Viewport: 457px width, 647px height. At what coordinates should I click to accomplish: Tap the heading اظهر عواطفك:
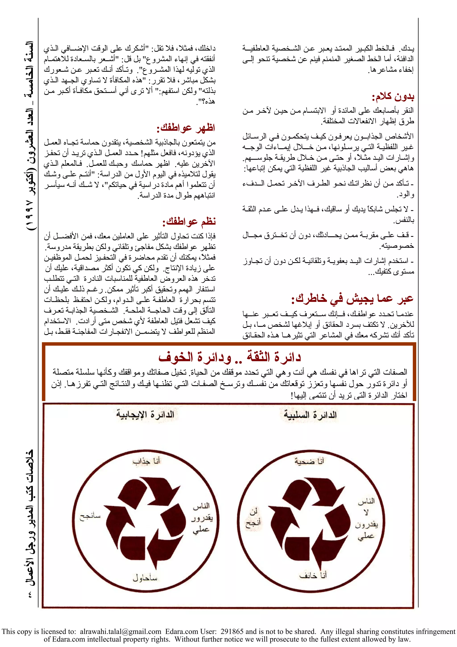(x=186, y=128)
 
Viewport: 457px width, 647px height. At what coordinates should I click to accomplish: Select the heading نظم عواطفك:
(x=189, y=222)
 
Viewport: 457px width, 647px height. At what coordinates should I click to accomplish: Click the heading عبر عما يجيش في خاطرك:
(x=352, y=299)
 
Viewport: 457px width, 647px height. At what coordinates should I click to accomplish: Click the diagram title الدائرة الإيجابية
(x=145, y=415)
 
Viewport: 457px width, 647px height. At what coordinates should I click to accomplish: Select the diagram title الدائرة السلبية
(x=310, y=415)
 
